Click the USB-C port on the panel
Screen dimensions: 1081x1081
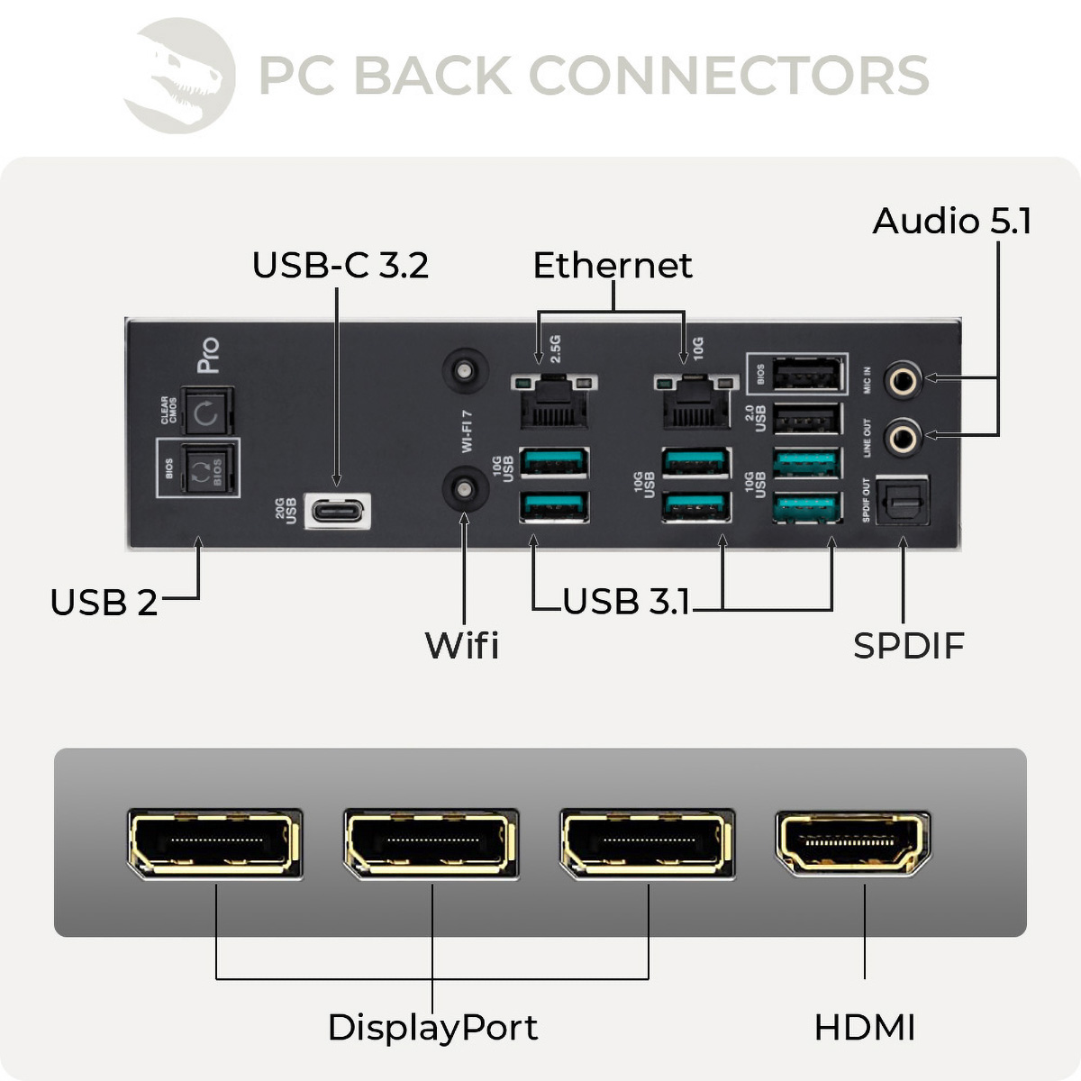click(338, 511)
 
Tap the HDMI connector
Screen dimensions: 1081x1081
click(852, 843)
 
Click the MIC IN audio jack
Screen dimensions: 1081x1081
click(902, 381)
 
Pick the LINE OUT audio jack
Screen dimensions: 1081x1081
click(902, 439)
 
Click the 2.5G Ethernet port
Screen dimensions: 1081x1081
click(553, 401)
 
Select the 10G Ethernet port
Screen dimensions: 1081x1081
click(695, 402)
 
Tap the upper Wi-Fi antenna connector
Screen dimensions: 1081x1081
click(465, 371)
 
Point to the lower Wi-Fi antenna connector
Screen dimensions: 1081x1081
click(465, 489)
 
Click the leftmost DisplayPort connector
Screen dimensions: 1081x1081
click(214, 843)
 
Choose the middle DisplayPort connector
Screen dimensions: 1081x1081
click(431, 843)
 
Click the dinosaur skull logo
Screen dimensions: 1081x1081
click(180, 76)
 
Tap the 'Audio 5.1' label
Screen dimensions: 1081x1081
click(951, 222)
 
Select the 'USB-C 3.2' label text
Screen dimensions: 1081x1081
click(340, 266)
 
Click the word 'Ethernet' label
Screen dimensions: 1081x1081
click(613, 266)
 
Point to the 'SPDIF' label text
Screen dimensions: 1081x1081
click(908, 646)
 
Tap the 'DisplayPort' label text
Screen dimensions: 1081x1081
click(432, 1028)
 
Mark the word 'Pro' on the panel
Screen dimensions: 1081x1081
click(208, 355)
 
